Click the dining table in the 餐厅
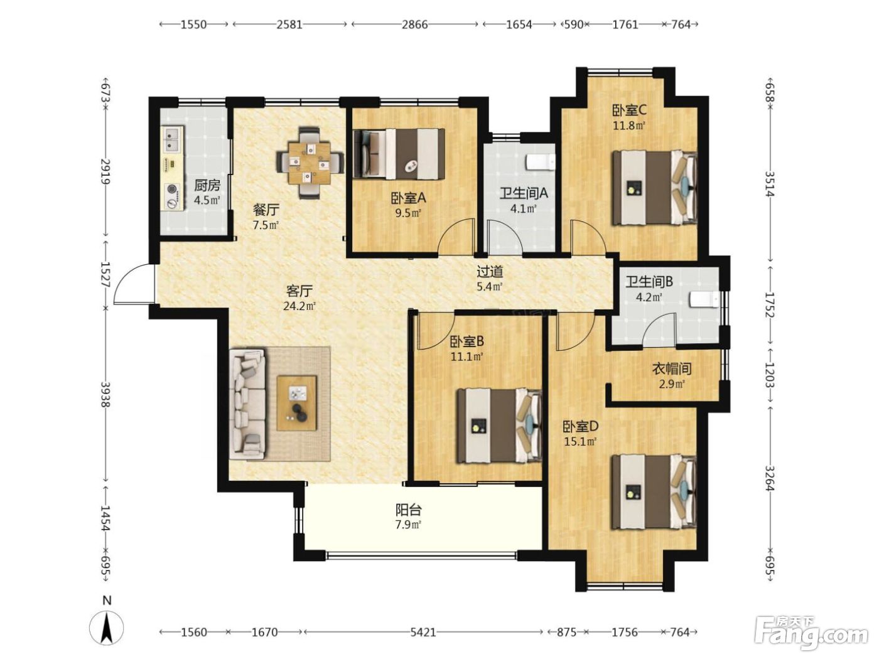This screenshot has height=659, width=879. (310, 163)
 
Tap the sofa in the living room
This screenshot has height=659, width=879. (247, 404)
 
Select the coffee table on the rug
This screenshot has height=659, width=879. (297, 403)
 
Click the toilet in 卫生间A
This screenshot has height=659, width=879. (540, 163)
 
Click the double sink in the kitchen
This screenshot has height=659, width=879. (173, 139)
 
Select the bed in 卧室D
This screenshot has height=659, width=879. (654, 492)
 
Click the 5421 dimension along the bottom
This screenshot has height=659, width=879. (423, 632)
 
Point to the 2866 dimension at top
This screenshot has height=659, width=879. (414, 24)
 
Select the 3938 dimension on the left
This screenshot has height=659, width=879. (105, 394)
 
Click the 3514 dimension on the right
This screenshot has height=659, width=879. (770, 184)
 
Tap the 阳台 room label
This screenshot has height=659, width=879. (409, 510)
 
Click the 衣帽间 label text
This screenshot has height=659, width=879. (672, 368)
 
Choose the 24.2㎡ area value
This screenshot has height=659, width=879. (299, 306)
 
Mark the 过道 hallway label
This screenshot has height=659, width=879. (490, 272)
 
